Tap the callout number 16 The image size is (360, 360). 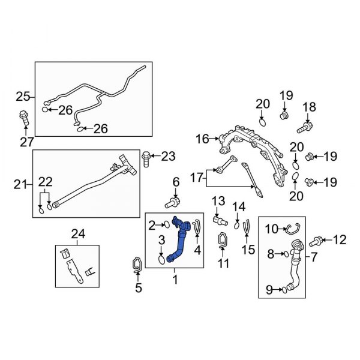202,139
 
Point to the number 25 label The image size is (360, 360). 22,96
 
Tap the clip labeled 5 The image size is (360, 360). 136,263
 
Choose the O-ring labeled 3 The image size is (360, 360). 162,260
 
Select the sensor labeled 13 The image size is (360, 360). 218,221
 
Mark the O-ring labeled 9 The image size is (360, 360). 284,290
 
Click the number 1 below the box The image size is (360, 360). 175,280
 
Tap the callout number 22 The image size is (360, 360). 46,182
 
